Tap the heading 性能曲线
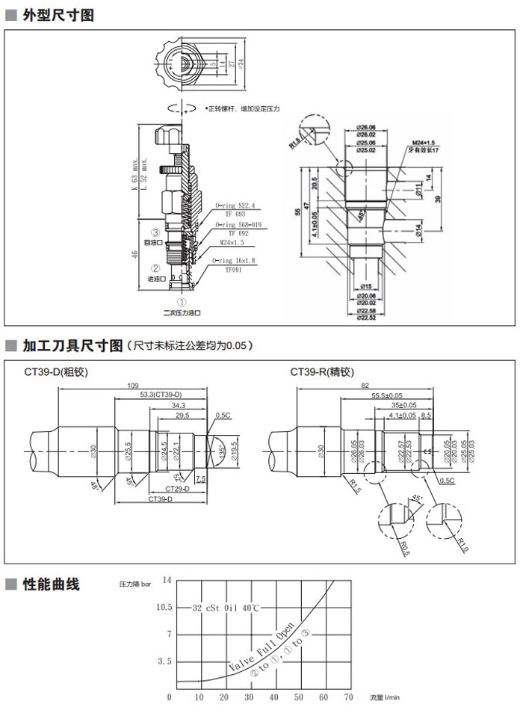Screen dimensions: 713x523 [x=51, y=584]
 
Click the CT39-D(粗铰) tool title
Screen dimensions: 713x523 [x=56, y=371]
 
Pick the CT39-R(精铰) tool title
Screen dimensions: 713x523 [x=322, y=371]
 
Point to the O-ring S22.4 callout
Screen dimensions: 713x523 [x=235, y=204]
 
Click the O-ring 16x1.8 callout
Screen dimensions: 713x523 [x=234, y=260]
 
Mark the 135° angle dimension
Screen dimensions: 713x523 [x=223, y=452]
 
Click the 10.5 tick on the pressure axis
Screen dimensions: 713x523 [x=164, y=607]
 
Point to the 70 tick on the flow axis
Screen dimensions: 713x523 [x=347, y=697]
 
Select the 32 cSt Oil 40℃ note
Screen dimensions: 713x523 [x=226, y=608]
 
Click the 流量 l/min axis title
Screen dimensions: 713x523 [x=386, y=697]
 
